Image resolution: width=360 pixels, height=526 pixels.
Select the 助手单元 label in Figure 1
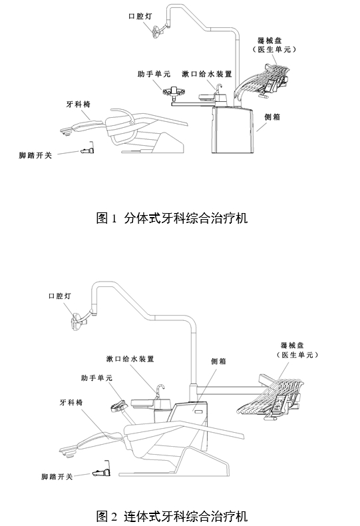pyautogui.click(x=154, y=75)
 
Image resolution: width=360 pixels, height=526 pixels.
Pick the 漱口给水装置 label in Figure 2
pyautogui.click(x=130, y=359)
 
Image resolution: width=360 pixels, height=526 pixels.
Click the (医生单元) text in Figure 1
pyautogui.click(x=275, y=49)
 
